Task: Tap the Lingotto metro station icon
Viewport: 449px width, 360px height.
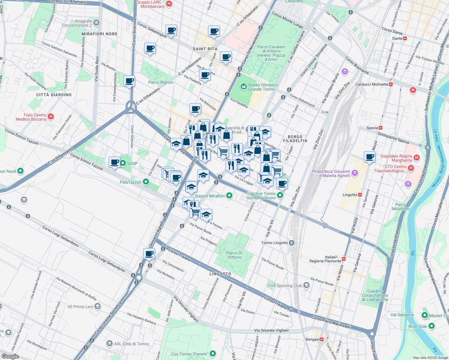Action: coord(360,195)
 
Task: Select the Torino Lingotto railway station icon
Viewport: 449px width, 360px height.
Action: coord(291,243)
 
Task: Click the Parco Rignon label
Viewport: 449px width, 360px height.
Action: coord(161,82)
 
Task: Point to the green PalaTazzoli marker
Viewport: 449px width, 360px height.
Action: coord(146,182)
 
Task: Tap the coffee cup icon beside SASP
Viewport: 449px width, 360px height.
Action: coord(114,162)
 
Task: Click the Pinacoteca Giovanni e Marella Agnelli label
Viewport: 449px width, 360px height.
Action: coord(331,173)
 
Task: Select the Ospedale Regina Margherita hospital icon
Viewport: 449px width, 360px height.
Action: coord(416,157)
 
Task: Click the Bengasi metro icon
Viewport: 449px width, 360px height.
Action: coord(322,339)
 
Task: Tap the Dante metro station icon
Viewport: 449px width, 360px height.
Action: coord(405,38)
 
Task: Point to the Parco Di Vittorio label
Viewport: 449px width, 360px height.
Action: coord(234,255)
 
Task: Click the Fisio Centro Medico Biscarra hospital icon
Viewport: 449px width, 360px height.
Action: coord(51,116)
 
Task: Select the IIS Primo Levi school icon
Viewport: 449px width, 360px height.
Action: coord(97,306)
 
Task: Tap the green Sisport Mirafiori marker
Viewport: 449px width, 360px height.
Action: coord(229,196)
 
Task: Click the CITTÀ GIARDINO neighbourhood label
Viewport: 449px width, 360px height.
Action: coord(54,95)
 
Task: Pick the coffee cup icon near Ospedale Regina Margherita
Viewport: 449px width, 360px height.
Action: coord(369,156)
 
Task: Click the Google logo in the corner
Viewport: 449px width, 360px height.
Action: coord(10,356)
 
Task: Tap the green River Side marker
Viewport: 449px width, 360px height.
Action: coord(431,326)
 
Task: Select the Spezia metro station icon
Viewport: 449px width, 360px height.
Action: coord(381,128)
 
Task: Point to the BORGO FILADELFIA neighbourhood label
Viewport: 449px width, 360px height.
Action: coord(295,139)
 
